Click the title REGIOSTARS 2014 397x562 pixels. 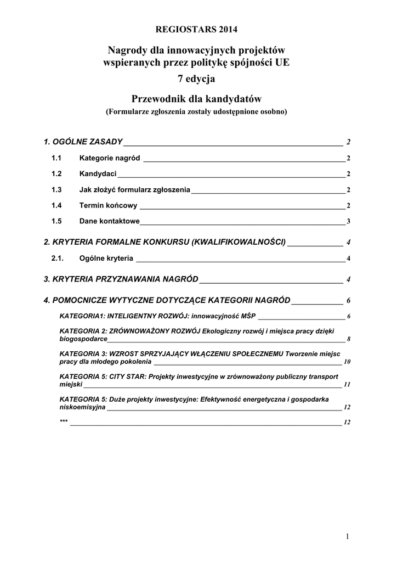coord(198,29)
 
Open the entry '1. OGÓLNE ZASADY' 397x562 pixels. coord(83,142)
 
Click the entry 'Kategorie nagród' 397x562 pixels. coord(110,159)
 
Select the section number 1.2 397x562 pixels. coord(56,175)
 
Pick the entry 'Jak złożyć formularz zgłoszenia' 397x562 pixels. coord(135,190)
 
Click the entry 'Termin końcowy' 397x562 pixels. coord(108,206)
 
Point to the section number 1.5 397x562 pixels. coord(56,222)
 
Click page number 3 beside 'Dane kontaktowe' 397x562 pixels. coord(348,222)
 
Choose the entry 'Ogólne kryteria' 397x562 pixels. coord(106,258)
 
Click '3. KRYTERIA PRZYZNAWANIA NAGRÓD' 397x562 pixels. coord(121,279)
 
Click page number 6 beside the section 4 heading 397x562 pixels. coord(348,301)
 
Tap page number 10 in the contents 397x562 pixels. coord(347,363)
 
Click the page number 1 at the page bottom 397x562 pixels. coord(348,536)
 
